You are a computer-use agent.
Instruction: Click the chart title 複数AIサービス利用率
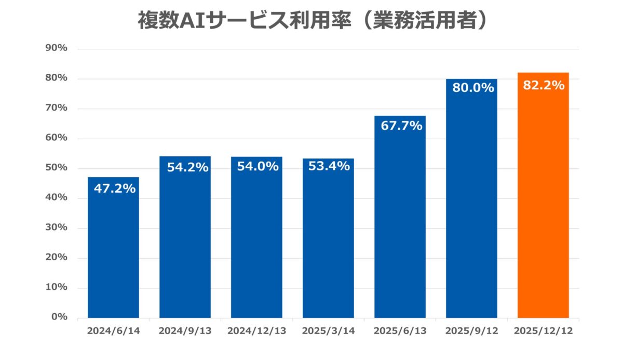[311, 20]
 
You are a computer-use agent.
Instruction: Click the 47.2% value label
[114, 189]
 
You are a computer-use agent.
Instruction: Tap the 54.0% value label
[258, 167]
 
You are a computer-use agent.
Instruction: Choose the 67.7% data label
[401, 126]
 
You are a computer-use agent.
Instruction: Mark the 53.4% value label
[329, 167]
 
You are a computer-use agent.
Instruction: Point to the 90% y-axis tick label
[57, 48]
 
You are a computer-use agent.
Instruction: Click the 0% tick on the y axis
[60, 317]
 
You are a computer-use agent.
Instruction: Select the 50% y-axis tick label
[57, 168]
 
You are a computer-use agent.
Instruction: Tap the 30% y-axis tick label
[57, 228]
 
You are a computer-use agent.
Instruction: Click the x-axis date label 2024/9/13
[185, 331]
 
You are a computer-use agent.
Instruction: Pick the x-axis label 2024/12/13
[256, 331]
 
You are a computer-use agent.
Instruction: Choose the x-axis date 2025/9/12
[471, 331]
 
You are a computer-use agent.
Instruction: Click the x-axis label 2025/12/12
[543, 331]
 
